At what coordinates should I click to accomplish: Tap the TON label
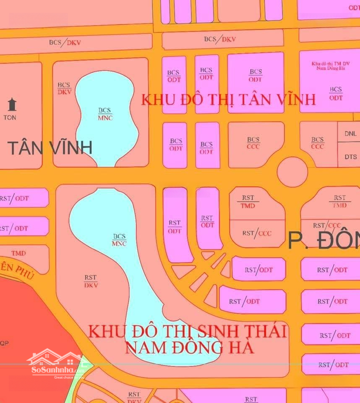click(x=10, y=118)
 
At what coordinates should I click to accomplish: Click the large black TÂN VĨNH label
click(x=50, y=148)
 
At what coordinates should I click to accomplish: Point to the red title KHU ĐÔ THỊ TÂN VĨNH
click(x=228, y=100)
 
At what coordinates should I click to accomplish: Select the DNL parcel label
click(x=350, y=133)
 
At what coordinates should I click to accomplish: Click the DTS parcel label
click(x=351, y=157)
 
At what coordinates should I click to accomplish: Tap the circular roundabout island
click(x=292, y=172)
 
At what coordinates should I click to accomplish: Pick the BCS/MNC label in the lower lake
click(x=119, y=240)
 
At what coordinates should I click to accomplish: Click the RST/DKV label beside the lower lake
click(x=91, y=281)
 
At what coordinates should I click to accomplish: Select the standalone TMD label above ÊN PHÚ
click(x=18, y=253)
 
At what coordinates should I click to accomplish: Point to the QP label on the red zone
click(x=4, y=343)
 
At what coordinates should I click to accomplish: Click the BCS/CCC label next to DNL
click(x=318, y=143)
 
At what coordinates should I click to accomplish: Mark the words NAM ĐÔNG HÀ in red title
click(x=189, y=348)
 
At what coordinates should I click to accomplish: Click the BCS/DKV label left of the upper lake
click(x=64, y=88)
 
